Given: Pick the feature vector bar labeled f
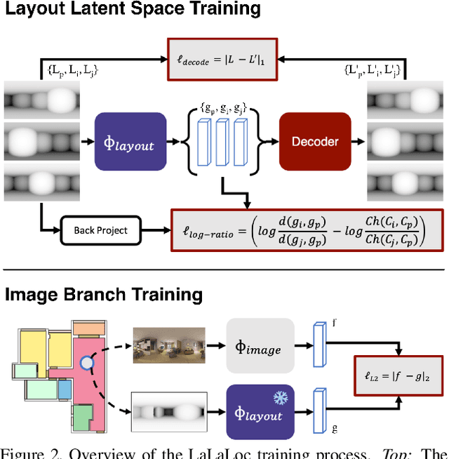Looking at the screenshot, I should [321, 343].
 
